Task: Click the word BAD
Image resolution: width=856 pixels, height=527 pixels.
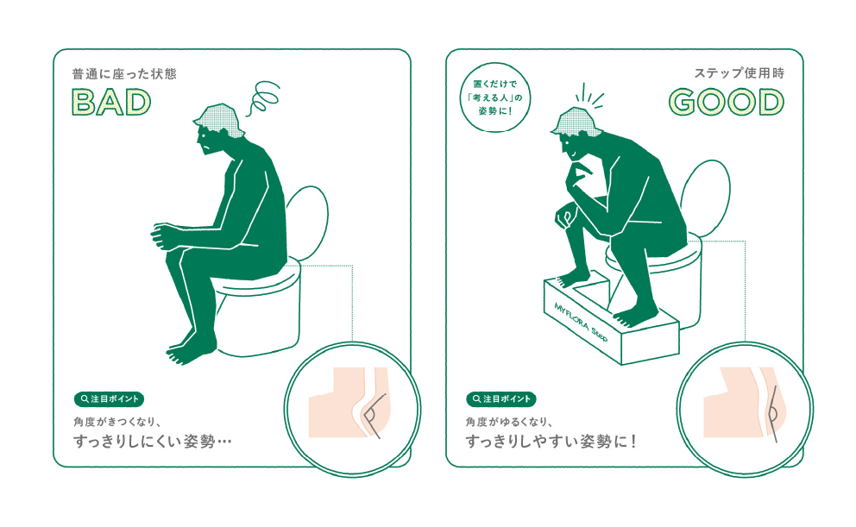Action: click(111, 102)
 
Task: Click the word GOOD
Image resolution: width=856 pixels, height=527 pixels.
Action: click(726, 102)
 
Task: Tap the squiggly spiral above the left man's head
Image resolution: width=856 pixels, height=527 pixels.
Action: click(263, 97)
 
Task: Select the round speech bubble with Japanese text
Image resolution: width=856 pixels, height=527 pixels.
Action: click(495, 97)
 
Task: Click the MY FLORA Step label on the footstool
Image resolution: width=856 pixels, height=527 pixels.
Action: click(581, 323)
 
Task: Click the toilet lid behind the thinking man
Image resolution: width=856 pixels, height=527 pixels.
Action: click(706, 198)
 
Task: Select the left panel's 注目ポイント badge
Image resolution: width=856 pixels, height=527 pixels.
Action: click(110, 398)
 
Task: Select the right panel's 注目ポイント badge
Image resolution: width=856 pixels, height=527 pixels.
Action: click(501, 398)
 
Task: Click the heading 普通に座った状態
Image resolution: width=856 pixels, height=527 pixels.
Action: click(124, 73)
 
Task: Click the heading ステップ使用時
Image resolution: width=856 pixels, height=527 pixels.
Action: click(740, 73)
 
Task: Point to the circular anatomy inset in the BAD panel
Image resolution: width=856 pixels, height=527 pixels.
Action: click(352, 409)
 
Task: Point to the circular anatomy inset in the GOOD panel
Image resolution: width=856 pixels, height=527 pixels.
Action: click(746, 409)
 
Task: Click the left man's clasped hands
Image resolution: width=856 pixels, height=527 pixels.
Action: click(164, 235)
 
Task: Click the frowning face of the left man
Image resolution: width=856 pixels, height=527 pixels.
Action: click(206, 140)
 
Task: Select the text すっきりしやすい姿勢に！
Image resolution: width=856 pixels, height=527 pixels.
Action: click(551, 441)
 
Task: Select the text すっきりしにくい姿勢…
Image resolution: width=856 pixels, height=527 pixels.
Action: click(153, 441)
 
